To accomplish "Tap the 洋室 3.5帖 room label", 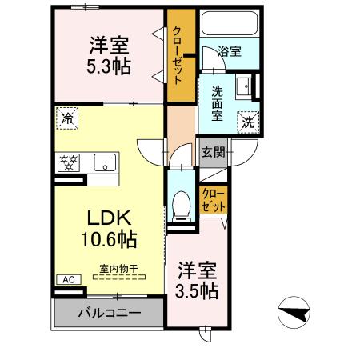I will pos(197,280).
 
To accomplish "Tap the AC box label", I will pos(67,280).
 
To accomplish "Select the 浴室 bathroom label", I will pos(230,53).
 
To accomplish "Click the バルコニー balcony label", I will pos(110,312).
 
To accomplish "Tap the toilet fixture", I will pos(181,206).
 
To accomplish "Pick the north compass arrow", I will pos(294,310).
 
